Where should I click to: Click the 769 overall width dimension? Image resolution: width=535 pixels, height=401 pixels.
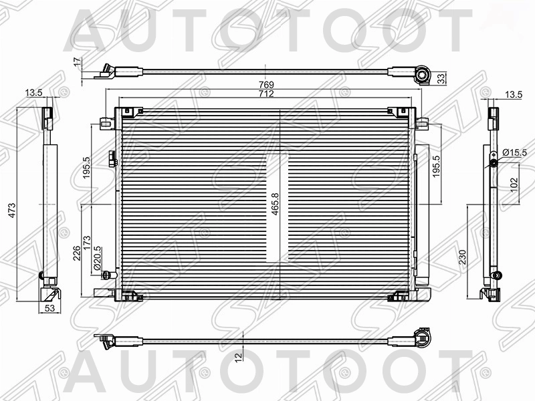pos(267,84)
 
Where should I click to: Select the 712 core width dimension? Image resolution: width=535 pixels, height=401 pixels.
pos(267,94)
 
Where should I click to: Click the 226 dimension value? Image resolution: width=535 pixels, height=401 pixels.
pos(78,252)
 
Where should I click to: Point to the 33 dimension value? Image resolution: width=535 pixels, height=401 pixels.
pos(441,78)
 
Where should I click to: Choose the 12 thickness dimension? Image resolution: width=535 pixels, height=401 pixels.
pos(239,358)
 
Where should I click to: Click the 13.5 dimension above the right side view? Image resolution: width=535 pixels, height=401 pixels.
pos(513,95)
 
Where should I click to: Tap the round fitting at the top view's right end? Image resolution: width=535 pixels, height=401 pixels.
pos(422,76)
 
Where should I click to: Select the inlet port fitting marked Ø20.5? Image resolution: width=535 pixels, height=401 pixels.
pos(110,275)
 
